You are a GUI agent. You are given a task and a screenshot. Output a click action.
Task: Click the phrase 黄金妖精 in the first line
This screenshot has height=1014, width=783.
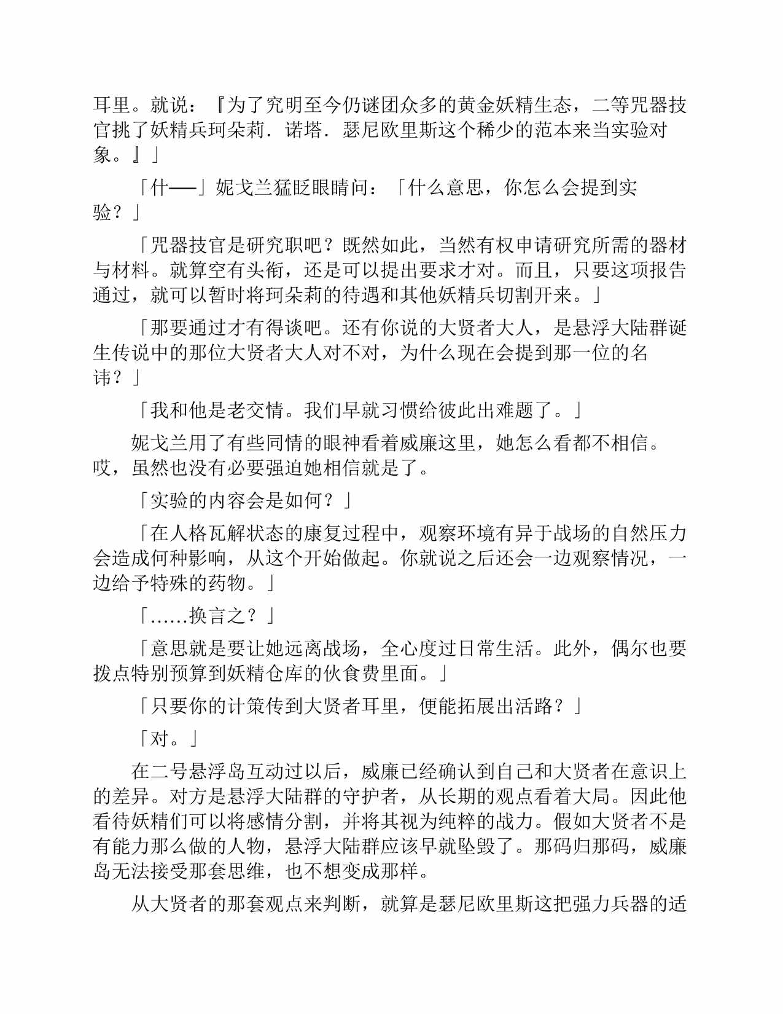click(496, 105)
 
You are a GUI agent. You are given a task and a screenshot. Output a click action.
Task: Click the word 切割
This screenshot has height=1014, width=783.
click(515, 296)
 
